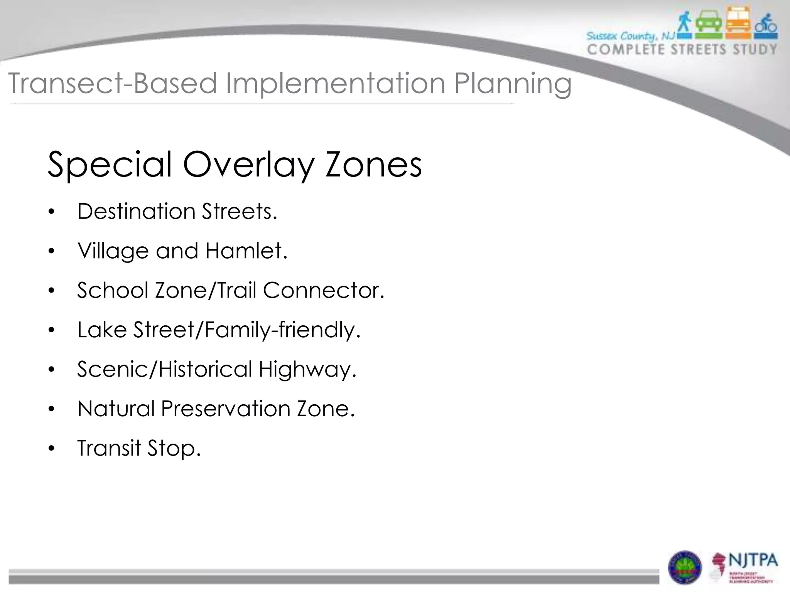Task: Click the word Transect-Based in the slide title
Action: pos(112,83)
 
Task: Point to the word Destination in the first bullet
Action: pos(137,211)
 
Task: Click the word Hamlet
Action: pos(246,251)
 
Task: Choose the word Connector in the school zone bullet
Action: pos(324,290)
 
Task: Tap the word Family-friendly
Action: pos(282,330)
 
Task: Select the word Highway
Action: pos(307,369)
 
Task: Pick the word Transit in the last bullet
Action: pos(109,448)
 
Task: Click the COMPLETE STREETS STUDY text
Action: pos(682,49)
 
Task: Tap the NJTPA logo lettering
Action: pos(753,560)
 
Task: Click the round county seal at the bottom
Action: pos(685,567)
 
